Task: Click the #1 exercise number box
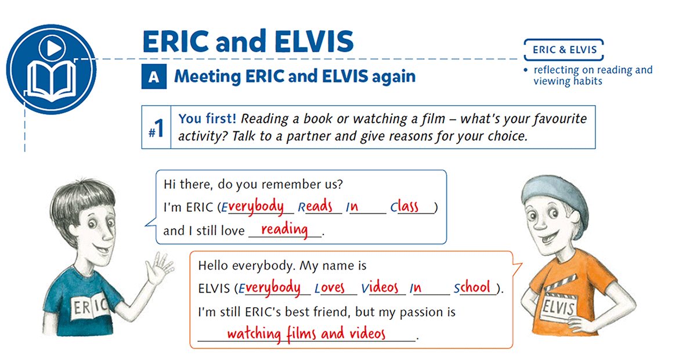[x=156, y=128]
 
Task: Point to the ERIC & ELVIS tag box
[x=564, y=50]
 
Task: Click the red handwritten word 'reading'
[x=284, y=229]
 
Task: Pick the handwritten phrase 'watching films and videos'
[x=306, y=334]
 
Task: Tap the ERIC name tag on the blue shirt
[x=87, y=307]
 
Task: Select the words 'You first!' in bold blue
[x=207, y=119]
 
